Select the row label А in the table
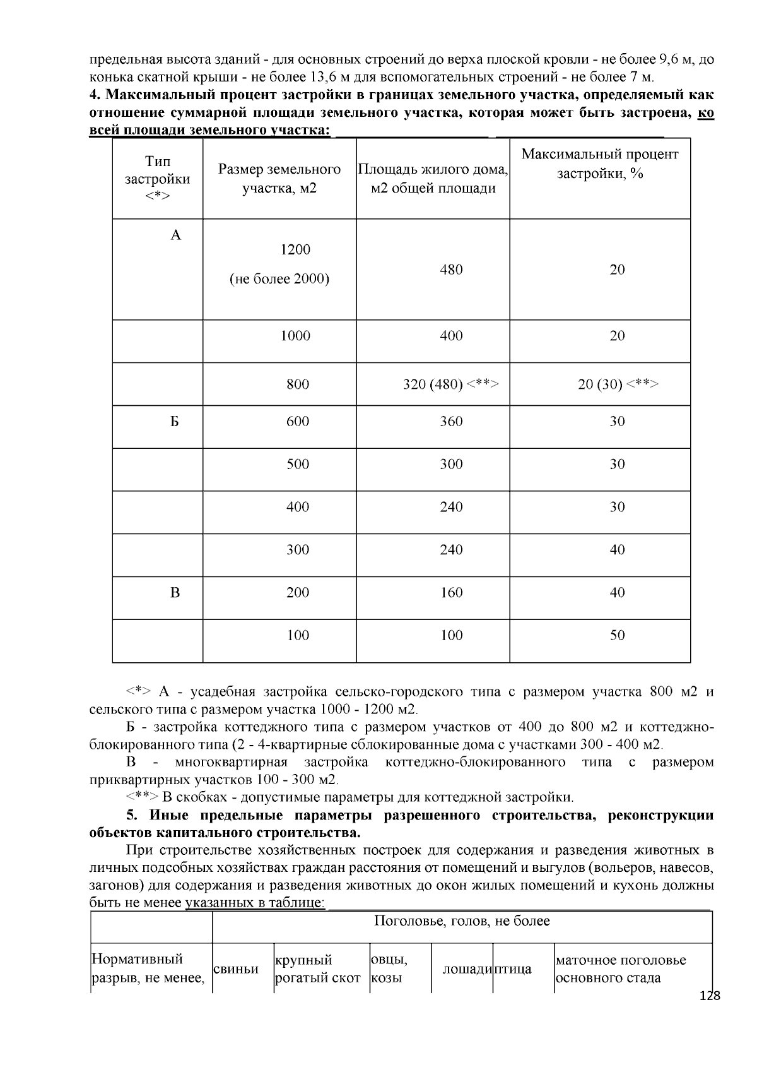click(x=176, y=235)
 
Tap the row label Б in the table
click(x=175, y=421)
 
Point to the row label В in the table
click(x=175, y=592)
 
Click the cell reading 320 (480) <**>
click(x=451, y=384)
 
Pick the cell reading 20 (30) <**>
click(x=618, y=384)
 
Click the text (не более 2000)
click(x=279, y=278)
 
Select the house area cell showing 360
click(x=451, y=421)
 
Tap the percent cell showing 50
click(x=617, y=635)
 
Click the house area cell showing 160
click(x=451, y=592)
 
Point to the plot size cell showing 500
click(x=298, y=464)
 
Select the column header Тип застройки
click(x=158, y=179)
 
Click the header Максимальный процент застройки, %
click(x=599, y=164)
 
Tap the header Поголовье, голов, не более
click(x=462, y=921)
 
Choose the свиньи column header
click(x=236, y=968)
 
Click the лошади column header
click(x=467, y=968)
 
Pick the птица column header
click(x=512, y=968)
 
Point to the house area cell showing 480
click(x=451, y=270)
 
